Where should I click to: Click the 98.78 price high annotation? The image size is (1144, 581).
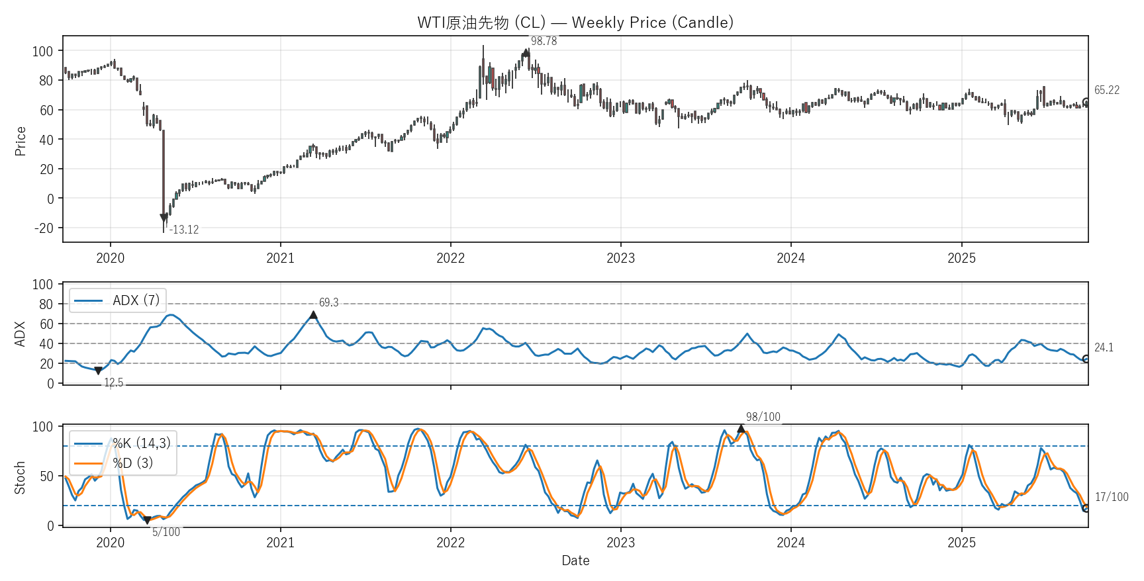pyautogui.click(x=544, y=41)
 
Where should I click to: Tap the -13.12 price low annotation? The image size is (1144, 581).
pyautogui.click(x=184, y=230)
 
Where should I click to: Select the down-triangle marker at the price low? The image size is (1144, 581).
pyautogui.click(x=164, y=218)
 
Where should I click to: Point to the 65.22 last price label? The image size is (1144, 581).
pyautogui.click(x=1106, y=90)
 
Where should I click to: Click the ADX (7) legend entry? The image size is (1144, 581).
pyautogui.click(x=118, y=300)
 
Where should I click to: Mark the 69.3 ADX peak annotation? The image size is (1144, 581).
pyautogui.click(x=328, y=302)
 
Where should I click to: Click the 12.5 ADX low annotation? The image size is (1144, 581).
pyautogui.click(x=113, y=382)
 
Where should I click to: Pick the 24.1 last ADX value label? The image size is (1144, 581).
pyautogui.click(x=1104, y=347)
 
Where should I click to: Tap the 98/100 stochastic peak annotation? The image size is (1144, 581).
pyautogui.click(x=763, y=417)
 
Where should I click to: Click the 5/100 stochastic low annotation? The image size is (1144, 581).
pyautogui.click(x=166, y=532)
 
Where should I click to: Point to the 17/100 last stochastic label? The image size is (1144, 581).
pyautogui.click(x=1112, y=497)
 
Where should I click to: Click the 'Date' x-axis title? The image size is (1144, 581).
pyautogui.click(x=575, y=560)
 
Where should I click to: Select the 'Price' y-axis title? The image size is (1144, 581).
pyautogui.click(x=21, y=141)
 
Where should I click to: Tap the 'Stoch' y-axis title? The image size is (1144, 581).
pyautogui.click(x=21, y=477)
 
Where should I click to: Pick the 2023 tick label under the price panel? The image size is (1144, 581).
pyautogui.click(x=620, y=258)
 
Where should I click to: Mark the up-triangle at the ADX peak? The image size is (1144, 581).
pyautogui.click(x=313, y=315)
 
